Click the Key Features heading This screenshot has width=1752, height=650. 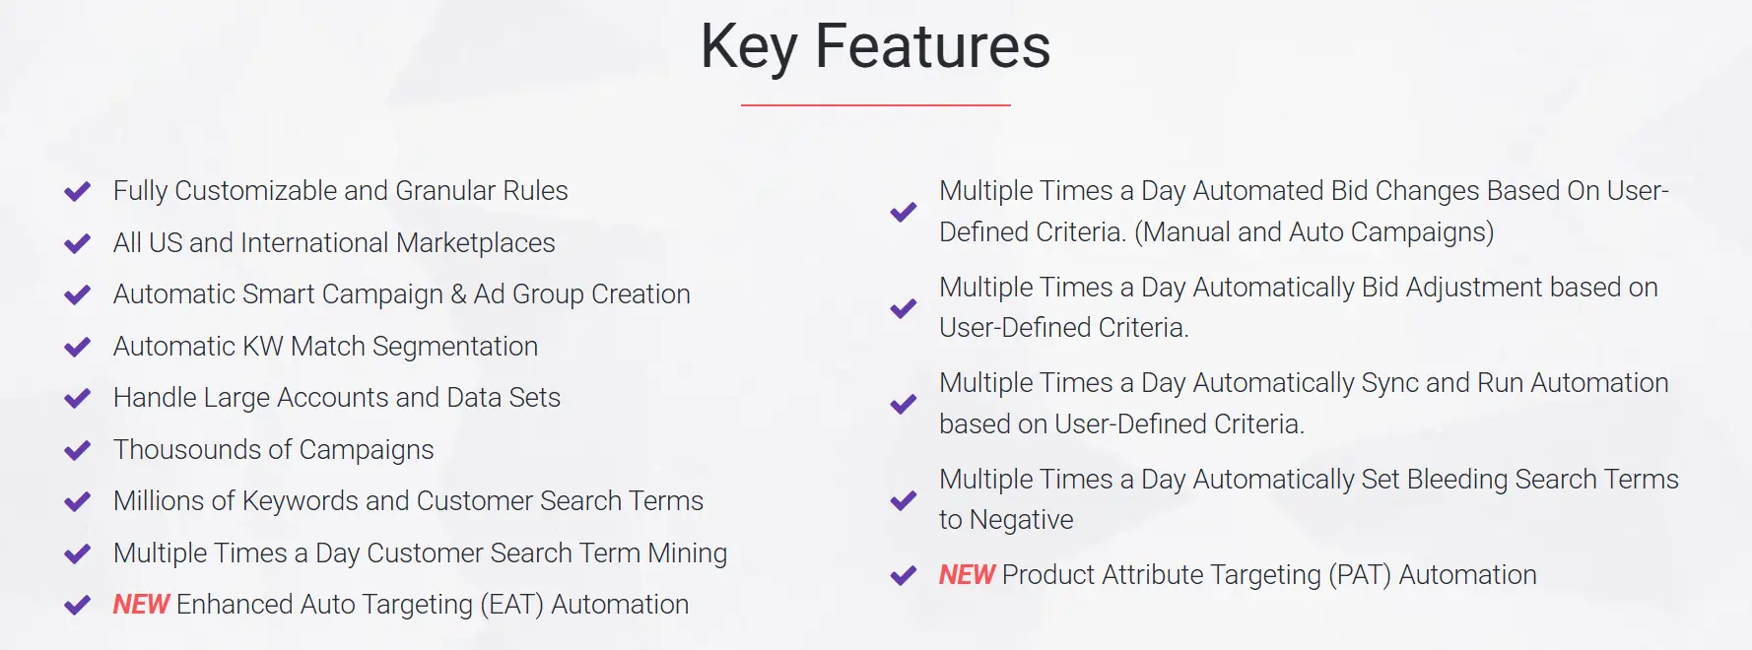pos(875,46)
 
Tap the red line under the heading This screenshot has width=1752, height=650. pos(875,104)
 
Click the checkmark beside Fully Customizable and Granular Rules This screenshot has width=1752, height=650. pos(77,191)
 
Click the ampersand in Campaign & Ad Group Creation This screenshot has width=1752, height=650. pos(458,294)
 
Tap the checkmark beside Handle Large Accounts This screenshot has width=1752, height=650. pos(77,398)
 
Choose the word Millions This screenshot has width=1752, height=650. pos(173,501)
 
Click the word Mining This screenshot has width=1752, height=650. pos(687,553)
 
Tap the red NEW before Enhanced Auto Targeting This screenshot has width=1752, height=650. pos(141,605)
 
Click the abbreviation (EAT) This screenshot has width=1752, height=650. pos(511,605)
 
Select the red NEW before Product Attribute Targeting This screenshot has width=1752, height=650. pos(967,575)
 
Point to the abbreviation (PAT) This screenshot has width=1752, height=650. pos(1360,575)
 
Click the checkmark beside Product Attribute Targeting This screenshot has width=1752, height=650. pos(903,575)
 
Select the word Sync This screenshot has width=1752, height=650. pos(1389,383)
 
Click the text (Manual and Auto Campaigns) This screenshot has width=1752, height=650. pos(1314,232)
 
